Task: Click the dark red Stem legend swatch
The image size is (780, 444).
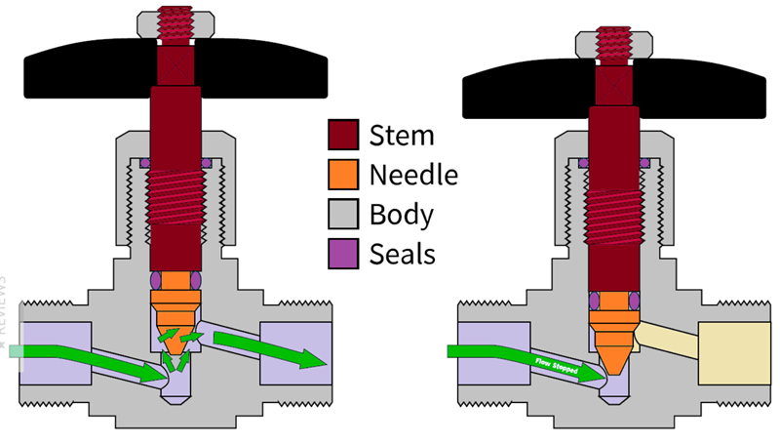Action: tap(344, 135)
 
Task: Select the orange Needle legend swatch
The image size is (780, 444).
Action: tap(344, 175)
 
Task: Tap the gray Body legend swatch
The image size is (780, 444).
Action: tap(344, 214)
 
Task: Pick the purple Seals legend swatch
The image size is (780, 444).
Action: tap(344, 253)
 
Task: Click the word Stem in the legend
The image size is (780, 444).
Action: tap(402, 135)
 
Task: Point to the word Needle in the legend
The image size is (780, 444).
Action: tap(413, 175)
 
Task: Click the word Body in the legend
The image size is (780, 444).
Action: tap(402, 214)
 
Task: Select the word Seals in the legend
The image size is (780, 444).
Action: tap(402, 254)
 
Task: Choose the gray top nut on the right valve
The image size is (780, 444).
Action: tap(585, 43)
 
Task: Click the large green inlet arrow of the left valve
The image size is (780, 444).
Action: tap(88, 355)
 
